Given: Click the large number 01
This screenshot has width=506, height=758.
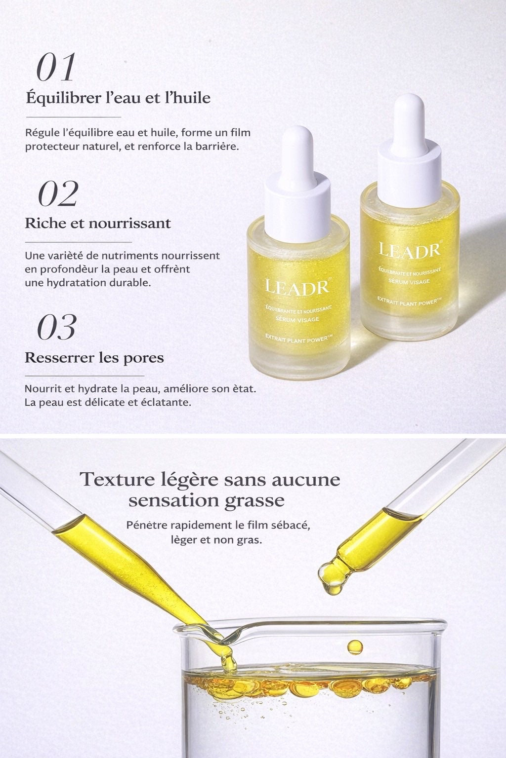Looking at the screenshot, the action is [56, 67].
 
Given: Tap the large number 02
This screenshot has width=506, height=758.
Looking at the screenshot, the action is [58, 193].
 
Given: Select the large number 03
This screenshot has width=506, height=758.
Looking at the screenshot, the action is [57, 327].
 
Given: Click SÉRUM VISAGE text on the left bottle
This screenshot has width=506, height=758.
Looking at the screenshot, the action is [297, 319].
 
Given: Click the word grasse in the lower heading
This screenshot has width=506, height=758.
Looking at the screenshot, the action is [254, 501].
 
